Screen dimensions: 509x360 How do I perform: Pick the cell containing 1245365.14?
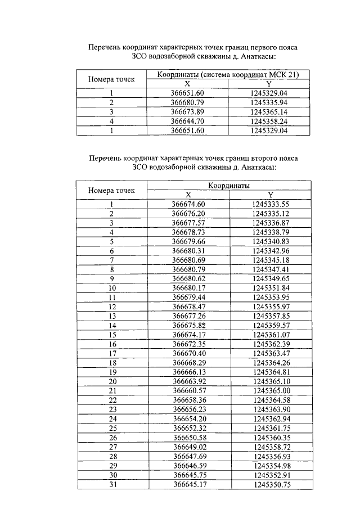[269, 112]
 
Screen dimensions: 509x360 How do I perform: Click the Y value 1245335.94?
[269, 102]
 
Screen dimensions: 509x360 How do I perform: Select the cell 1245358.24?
[269, 121]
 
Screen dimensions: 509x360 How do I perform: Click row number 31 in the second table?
[112, 485]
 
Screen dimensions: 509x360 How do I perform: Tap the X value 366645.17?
[188, 485]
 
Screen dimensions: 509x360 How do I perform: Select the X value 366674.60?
[188, 204]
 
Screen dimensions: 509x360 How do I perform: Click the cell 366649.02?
[188, 447]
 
